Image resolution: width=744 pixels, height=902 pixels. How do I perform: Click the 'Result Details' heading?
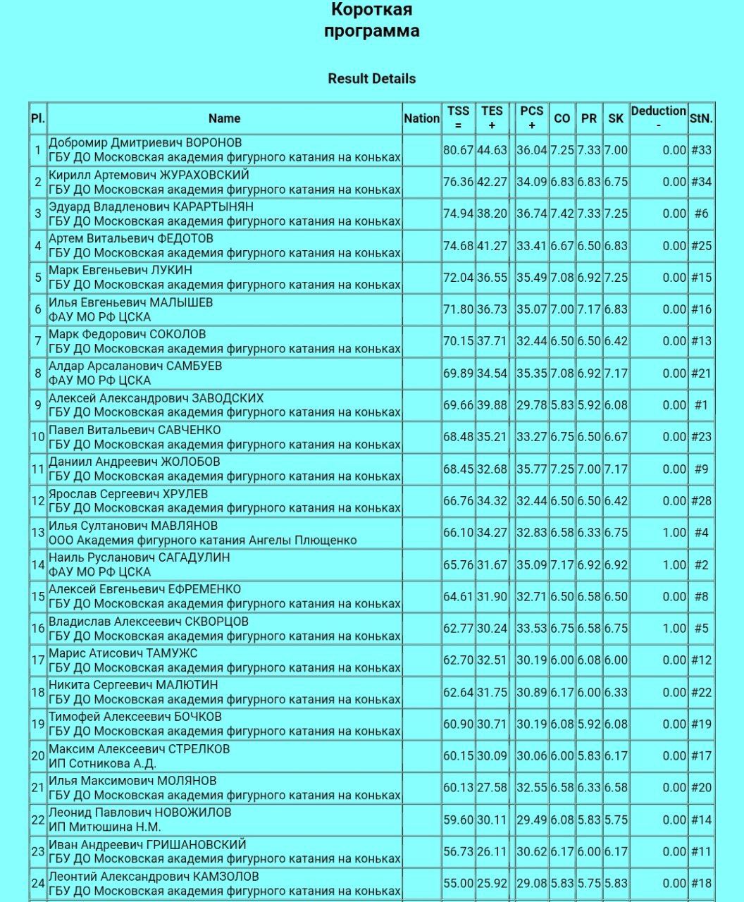click(x=371, y=79)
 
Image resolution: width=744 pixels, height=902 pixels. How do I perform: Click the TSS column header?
click(x=458, y=118)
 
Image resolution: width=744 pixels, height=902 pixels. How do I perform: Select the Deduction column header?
click(x=658, y=118)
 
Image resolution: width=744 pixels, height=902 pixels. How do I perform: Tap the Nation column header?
click(x=421, y=118)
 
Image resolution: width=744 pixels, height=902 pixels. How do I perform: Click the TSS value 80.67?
click(x=458, y=150)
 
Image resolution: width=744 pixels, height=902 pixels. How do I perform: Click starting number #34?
click(x=701, y=182)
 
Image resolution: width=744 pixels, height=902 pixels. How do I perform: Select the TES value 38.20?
click(x=492, y=214)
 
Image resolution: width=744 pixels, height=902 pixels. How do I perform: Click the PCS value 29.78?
click(x=531, y=405)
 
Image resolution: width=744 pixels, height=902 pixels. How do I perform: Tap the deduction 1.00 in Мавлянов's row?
click(x=674, y=533)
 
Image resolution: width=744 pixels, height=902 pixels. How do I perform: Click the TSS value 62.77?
click(x=458, y=629)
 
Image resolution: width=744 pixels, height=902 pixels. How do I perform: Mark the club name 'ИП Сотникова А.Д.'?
click(x=102, y=763)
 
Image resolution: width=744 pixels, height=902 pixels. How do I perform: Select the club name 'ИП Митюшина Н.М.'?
click(x=105, y=827)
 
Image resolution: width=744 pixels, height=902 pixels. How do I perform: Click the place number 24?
click(x=38, y=883)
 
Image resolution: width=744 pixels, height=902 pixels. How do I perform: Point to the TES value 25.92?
click(x=492, y=883)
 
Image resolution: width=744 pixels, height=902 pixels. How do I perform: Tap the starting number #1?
click(x=701, y=405)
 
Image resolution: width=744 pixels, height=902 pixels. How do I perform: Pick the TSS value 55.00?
click(x=458, y=883)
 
